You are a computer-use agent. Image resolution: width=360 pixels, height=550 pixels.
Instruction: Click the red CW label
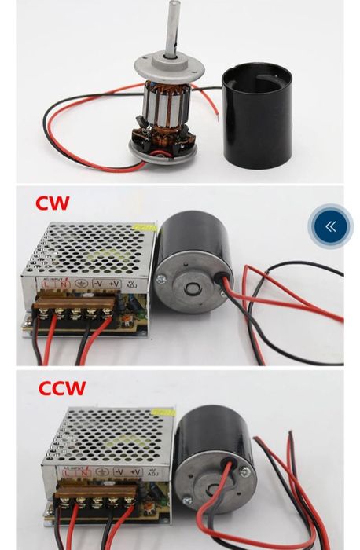click(x=52, y=203)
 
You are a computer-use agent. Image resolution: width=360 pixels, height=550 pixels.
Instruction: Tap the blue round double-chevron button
click(x=330, y=226)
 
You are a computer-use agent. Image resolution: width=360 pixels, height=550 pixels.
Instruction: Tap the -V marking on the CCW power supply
click(x=119, y=471)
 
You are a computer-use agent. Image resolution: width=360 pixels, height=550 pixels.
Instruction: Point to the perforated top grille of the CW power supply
click(x=86, y=247)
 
